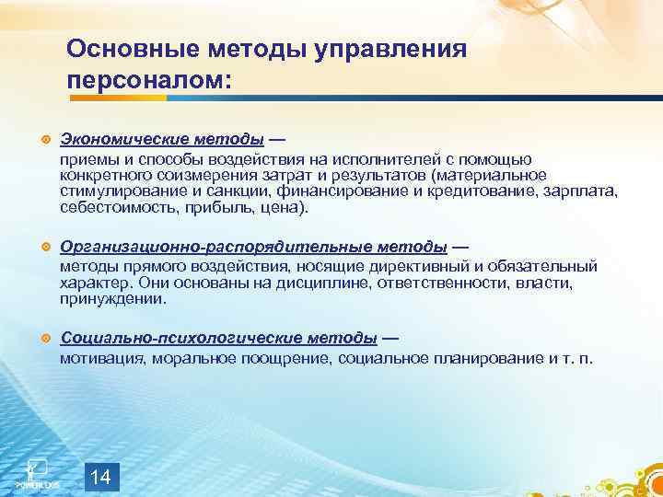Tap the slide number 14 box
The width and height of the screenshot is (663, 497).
tap(102, 477)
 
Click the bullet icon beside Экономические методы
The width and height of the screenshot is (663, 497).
tap(44, 140)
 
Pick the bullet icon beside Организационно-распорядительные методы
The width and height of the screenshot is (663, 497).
tap(44, 248)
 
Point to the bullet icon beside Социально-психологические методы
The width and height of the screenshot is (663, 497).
tap(44, 339)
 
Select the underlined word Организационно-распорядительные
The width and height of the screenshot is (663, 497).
tap(215, 248)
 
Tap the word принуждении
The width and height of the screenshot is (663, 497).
tap(112, 299)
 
